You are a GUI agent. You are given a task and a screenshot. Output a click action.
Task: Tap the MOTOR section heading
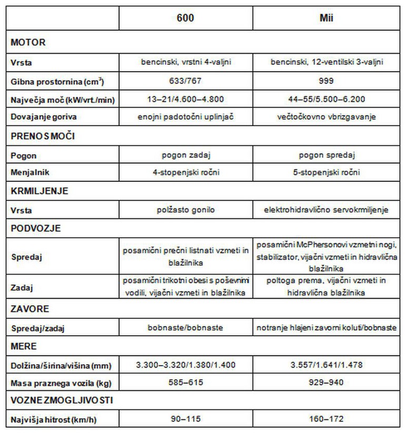tap(28, 42)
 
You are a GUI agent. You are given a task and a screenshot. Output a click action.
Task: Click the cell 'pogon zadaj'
tap(185, 156)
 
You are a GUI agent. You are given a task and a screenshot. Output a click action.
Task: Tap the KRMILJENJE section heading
tap(39, 191)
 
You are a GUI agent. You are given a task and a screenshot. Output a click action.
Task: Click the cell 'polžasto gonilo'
tap(185, 210)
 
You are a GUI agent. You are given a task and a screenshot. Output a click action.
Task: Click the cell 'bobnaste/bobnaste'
tap(185, 327)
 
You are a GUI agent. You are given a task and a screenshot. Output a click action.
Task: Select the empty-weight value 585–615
tap(185, 381)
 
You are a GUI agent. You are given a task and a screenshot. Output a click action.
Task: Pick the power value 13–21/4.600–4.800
tap(185, 99)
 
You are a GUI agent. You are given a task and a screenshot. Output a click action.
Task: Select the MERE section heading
tap(24, 347)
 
